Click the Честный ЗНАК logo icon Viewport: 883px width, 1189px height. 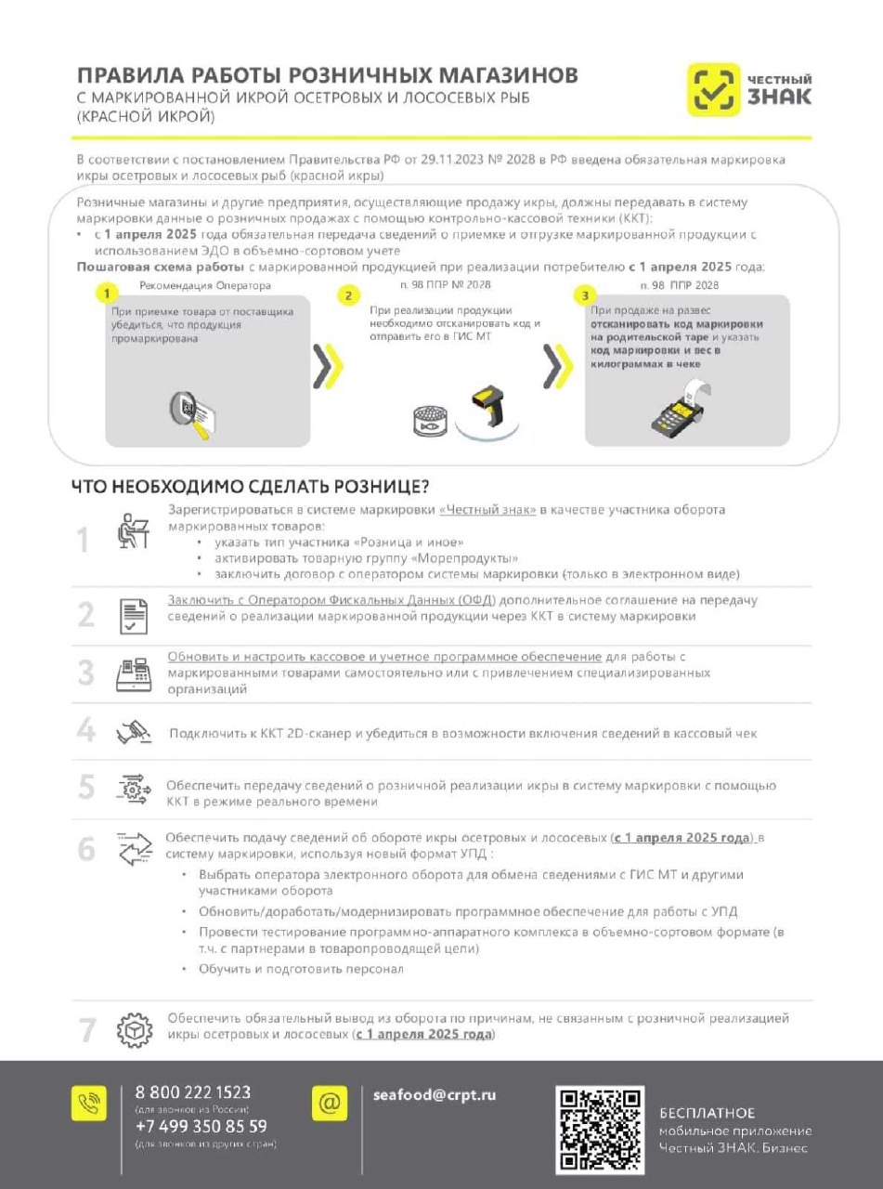point(713,89)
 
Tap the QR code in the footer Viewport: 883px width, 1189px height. point(600,1130)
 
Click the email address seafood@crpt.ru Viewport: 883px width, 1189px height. point(435,1094)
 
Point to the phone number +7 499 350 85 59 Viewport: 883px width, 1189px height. point(201,1127)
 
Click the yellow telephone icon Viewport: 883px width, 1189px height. point(89,1103)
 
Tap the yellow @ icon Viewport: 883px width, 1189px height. point(330,1103)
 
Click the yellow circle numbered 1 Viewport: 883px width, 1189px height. point(108,294)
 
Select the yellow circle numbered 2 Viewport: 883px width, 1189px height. point(348,295)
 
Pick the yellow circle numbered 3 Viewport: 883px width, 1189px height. point(585,295)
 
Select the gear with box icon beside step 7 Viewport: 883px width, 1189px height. point(134,1031)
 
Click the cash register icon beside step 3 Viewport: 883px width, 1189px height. point(134,674)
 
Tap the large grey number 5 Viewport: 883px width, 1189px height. point(86,789)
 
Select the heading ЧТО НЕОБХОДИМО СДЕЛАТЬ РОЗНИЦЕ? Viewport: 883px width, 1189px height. point(250,486)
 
